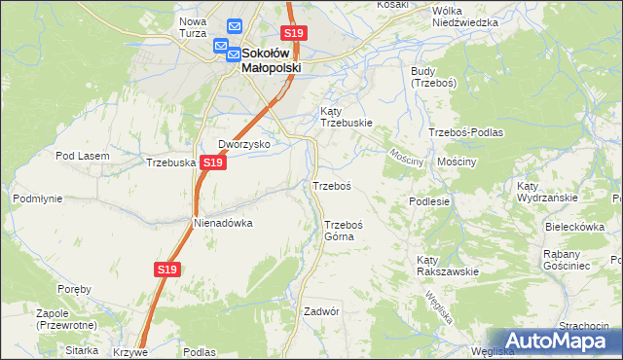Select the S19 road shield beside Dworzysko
tap(214, 163)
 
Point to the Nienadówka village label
tap(223, 223)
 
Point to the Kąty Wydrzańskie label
tap(547, 191)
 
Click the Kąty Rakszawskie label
tap(447, 266)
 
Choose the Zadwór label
tap(320, 312)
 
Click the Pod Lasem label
tap(80, 156)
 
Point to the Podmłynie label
tap(37, 198)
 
